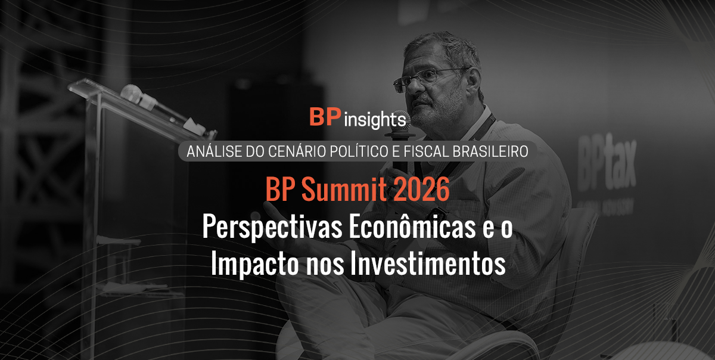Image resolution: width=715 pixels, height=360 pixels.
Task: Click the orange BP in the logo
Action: click(325, 117)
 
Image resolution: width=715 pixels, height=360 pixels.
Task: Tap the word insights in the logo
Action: click(375, 120)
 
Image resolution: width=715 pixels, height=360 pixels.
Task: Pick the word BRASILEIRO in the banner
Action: click(490, 151)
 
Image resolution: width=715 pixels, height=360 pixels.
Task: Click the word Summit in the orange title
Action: click(344, 190)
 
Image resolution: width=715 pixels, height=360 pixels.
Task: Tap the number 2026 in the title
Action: click(422, 190)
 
